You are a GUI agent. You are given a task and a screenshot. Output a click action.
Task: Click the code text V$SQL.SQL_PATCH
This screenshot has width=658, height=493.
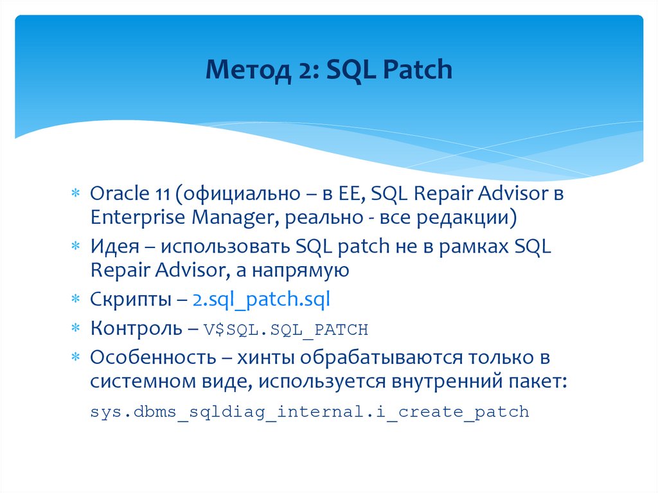tap(286, 330)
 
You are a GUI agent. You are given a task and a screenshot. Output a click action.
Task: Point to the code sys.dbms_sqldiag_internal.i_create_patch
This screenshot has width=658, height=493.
tap(309, 411)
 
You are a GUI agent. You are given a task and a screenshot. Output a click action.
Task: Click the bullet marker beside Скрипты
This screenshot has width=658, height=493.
tap(75, 300)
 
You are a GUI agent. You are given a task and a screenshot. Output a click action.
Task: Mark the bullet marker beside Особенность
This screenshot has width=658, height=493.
tap(75, 358)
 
